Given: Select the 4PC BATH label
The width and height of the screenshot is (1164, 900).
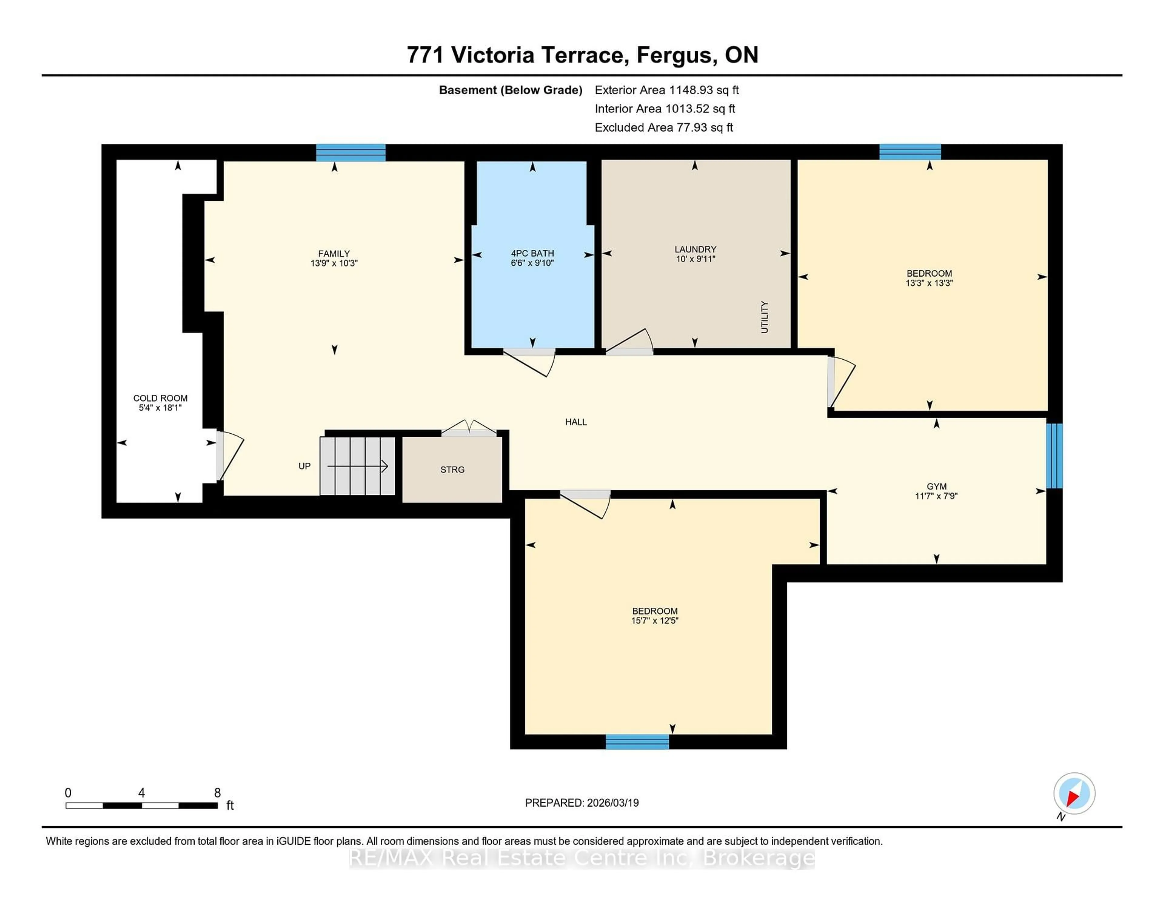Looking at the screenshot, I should (x=532, y=253).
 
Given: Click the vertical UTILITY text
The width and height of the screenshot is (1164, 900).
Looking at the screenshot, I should (x=764, y=317).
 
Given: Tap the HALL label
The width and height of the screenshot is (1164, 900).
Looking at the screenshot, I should (x=576, y=422).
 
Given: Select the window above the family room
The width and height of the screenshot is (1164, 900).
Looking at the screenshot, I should (x=351, y=153).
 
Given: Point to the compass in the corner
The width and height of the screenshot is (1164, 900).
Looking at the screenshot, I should (x=1074, y=793).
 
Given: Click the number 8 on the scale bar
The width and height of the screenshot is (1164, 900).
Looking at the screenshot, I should (x=217, y=793).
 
